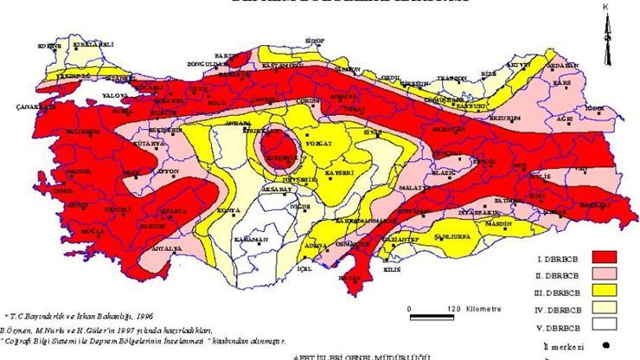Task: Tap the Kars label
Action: coord(563,83)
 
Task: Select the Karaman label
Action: coord(247,239)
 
